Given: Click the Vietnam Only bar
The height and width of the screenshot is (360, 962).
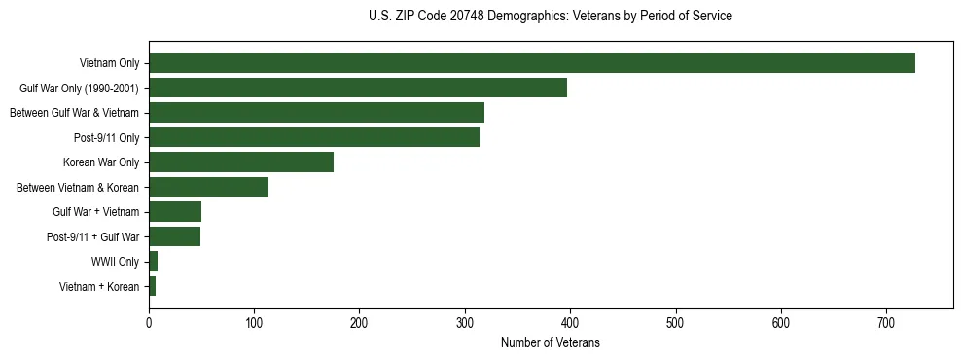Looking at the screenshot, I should click(x=531, y=63).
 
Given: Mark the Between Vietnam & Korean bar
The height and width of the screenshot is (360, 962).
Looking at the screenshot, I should click(x=208, y=187).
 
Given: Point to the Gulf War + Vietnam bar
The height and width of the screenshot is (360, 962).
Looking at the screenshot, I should click(x=175, y=212).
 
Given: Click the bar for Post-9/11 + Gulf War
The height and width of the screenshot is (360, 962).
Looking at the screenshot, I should click(x=174, y=236).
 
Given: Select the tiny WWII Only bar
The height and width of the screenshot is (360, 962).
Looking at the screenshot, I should click(x=153, y=262).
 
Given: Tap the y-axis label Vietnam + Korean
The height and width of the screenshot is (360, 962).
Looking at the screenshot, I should click(x=99, y=287).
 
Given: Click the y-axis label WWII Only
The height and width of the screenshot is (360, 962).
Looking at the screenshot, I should click(x=115, y=262).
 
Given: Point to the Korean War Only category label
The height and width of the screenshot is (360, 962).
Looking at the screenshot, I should click(x=101, y=162).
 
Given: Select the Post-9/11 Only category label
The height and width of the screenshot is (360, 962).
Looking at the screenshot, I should click(x=106, y=137).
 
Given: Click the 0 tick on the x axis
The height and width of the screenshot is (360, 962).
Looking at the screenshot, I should click(x=149, y=324).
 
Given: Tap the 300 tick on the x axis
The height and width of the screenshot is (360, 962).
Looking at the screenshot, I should click(x=465, y=324).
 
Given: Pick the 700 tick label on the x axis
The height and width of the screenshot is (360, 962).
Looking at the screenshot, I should click(x=886, y=324).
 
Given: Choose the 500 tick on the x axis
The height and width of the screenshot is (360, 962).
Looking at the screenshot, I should click(x=676, y=324).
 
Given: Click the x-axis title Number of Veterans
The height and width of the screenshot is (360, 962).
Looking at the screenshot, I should click(x=550, y=343).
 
